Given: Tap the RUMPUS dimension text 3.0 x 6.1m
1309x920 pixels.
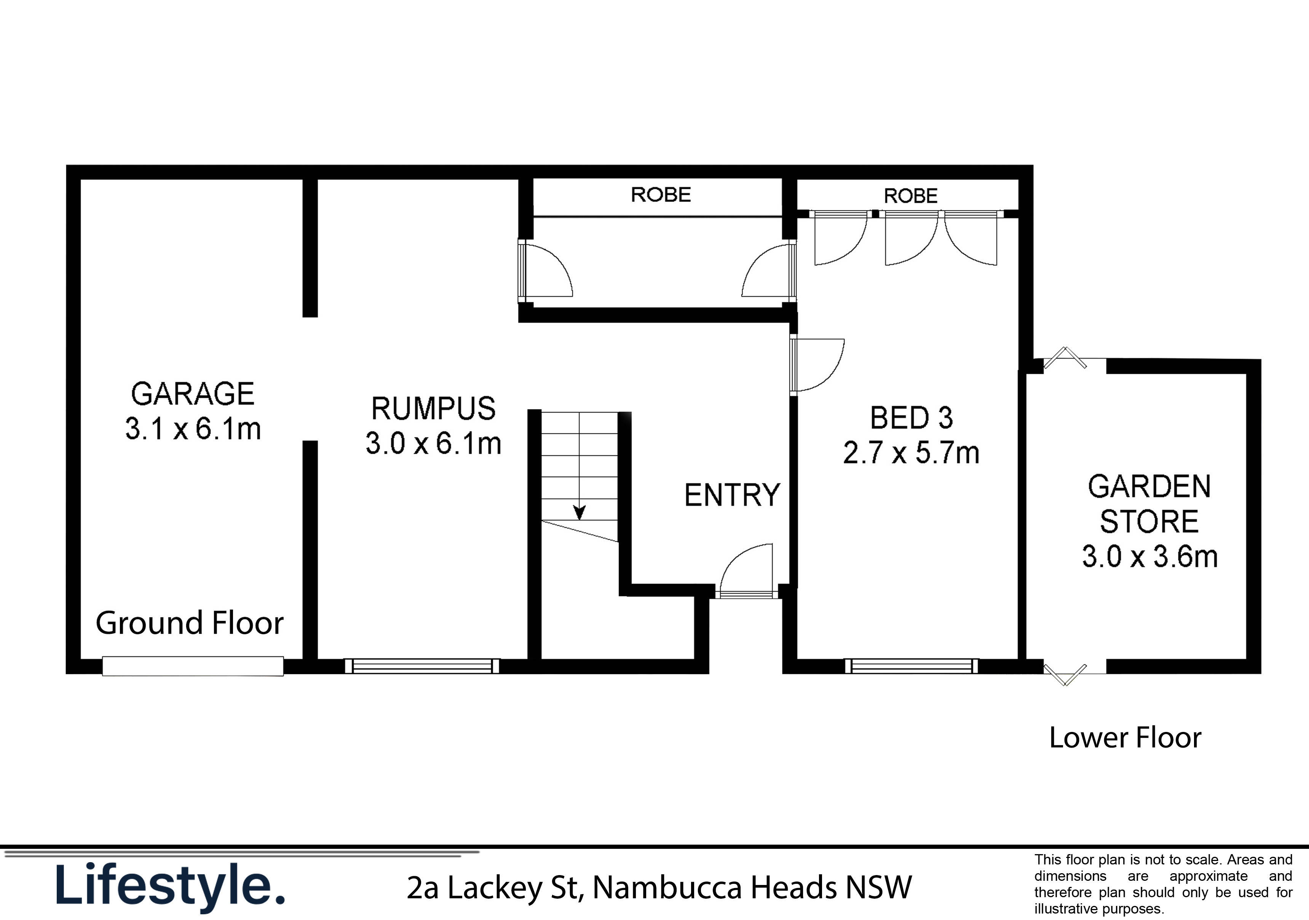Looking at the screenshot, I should [433, 443].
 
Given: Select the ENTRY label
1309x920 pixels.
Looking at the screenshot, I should [732, 495].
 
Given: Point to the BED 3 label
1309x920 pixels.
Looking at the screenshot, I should [911, 418].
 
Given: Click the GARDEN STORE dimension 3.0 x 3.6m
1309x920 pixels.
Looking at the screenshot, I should [1149, 556].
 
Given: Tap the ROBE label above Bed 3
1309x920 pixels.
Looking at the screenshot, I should [910, 196].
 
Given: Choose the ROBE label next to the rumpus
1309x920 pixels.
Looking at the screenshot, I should [661, 195].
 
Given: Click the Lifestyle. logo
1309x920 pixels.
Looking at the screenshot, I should [170, 886].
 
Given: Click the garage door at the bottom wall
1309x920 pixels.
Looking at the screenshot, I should [193, 666].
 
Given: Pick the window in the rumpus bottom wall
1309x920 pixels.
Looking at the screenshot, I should [422, 666].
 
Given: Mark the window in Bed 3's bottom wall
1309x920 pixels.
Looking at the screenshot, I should [911, 666].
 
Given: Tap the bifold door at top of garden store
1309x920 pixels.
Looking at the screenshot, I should [1065, 359].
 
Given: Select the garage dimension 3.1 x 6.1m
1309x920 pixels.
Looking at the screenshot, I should [193, 429].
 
